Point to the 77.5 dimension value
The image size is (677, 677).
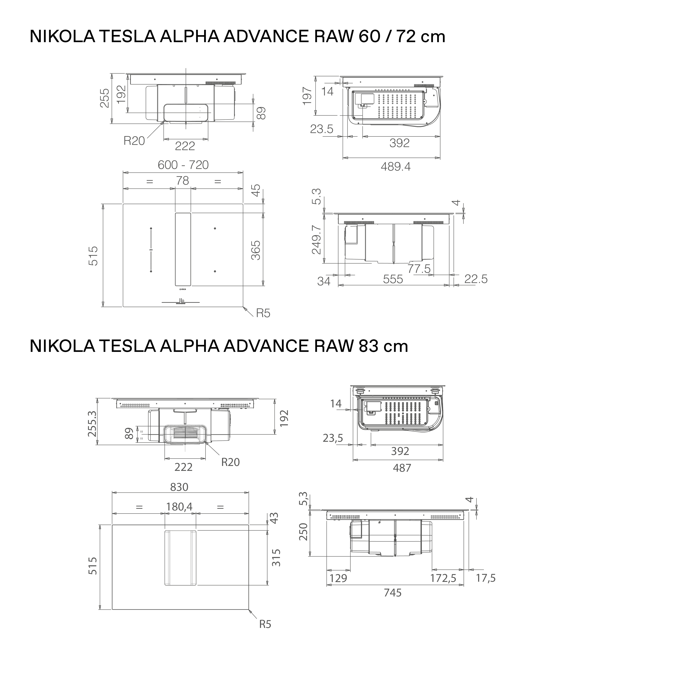(x=419, y=269)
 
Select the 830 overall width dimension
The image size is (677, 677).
(x=179, y=487)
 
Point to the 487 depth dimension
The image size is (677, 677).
(x=402, y=468)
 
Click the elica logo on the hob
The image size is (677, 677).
(x=183, y=289)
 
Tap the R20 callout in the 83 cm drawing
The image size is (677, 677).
(x=230, y=462)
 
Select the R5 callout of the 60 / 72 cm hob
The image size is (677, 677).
(x=263, y=313)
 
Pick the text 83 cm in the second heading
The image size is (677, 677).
(x=383, y=346)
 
